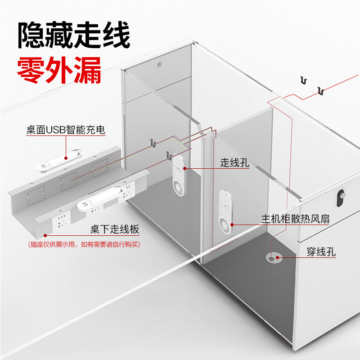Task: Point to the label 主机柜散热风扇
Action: tap(296, 219)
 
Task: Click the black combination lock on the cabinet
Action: tap(340, 196)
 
